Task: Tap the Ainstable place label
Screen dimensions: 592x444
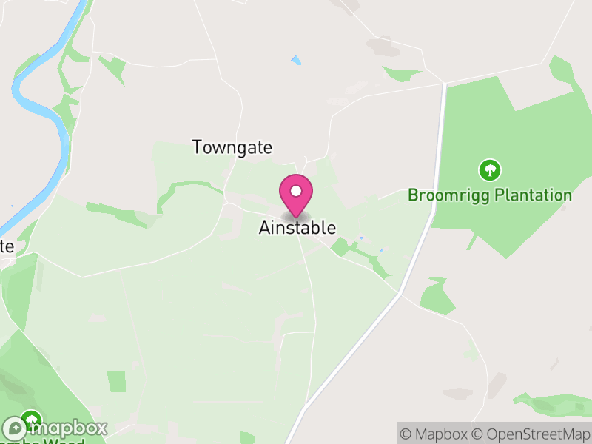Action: pos(297,228)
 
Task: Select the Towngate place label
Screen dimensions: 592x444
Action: pos(232,147)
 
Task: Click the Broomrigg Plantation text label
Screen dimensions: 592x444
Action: pos(490,195)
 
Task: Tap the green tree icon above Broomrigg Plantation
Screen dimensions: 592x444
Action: pos(489,171)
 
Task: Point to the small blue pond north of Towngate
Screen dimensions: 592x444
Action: pos(297,60)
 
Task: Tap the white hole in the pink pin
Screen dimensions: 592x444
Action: pos(296,191)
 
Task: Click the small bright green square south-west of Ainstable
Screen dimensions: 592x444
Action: pos(116,381)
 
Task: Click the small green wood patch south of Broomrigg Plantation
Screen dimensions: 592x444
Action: pos(437,296)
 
